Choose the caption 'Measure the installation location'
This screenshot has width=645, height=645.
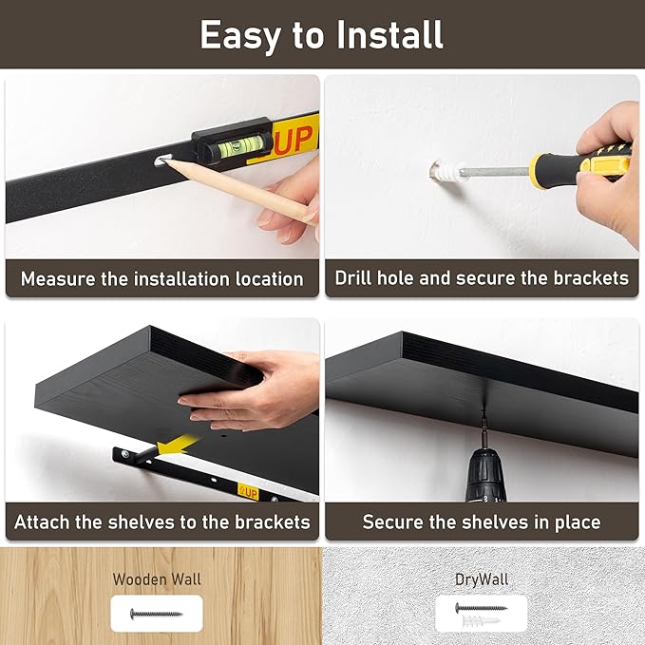[x=162, y=279]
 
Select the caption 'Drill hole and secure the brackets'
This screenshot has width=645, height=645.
[x=482, y=279]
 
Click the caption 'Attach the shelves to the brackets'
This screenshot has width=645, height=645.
[x=162, y=522]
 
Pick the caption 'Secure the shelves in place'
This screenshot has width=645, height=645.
[x=482, y=522]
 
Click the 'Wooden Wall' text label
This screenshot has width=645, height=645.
[x=157, y=579]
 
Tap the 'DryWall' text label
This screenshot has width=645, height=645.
[x=482, y=579]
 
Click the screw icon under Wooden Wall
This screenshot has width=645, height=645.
[x=157, y=614]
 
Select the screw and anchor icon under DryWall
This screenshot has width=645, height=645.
[x=481, y=614]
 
